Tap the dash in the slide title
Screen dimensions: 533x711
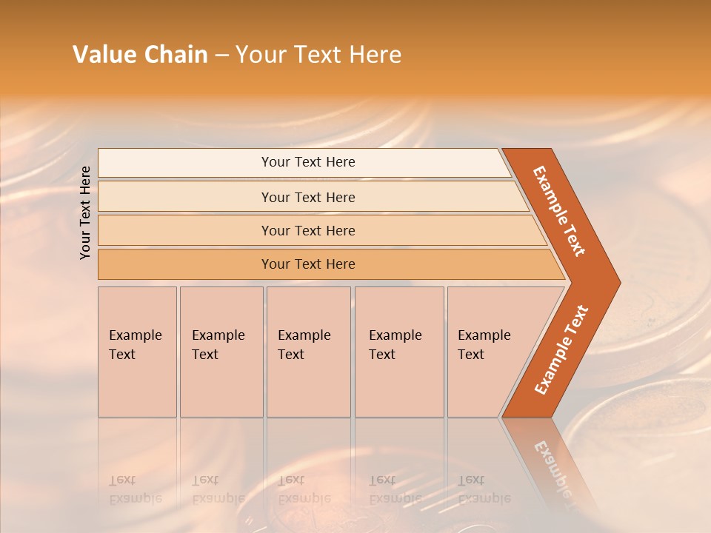(221, 56)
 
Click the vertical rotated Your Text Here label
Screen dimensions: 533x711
(85, 212)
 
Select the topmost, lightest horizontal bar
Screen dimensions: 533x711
(307, 162)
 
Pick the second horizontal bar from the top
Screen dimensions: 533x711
(307, 197)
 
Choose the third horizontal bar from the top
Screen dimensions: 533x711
(307, 230)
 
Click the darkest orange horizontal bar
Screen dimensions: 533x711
(307, 264)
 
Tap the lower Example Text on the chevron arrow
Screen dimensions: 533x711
(561, 349)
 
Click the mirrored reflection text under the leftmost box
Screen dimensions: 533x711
(135, 489)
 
